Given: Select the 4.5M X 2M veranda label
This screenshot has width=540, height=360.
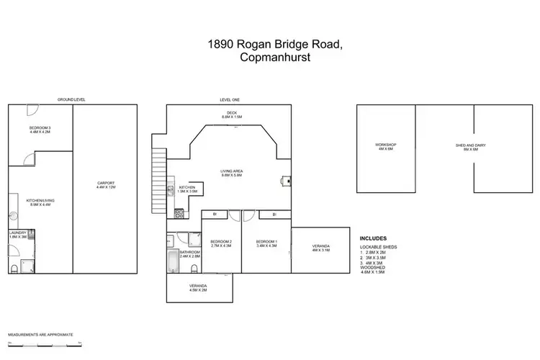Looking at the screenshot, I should point(198,288).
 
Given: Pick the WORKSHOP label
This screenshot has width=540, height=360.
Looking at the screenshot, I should point(386,147).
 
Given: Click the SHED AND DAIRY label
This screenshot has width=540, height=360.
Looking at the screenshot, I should point(471,147).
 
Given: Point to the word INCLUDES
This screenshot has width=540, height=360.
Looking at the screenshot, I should point(373,237).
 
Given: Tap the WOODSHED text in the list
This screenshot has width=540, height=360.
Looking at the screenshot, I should point(372,268).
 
